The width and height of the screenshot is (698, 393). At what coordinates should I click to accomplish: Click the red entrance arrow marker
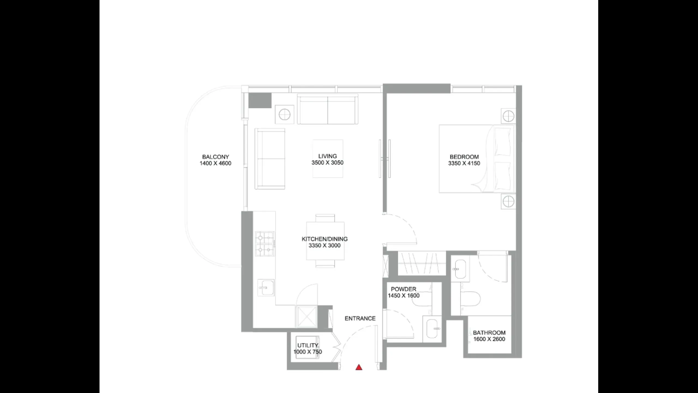359,367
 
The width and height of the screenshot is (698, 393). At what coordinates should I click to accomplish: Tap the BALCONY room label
215,157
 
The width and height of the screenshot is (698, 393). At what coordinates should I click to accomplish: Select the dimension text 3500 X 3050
327,163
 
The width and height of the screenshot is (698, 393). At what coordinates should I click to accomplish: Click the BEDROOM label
464,157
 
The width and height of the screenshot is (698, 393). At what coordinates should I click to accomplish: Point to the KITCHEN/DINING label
324,239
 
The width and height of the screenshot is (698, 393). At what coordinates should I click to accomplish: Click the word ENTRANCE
360,318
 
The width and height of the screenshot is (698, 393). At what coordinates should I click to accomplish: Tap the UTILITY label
308,346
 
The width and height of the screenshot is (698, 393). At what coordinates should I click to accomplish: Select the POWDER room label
404,289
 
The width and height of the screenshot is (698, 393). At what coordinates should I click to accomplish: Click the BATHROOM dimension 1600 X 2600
489,339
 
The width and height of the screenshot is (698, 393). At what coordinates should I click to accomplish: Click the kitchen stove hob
265,244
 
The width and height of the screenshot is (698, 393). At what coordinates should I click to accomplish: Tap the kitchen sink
266,288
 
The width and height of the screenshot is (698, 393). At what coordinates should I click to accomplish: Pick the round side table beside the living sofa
284,115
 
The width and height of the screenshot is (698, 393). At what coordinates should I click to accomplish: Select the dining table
325,241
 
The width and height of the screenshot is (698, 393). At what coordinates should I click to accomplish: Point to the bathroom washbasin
460,269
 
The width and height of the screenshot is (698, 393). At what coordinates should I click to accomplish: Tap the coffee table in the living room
328,159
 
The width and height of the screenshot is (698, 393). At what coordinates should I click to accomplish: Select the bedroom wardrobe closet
422,263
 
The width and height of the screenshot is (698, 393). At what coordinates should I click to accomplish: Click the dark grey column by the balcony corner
260,100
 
